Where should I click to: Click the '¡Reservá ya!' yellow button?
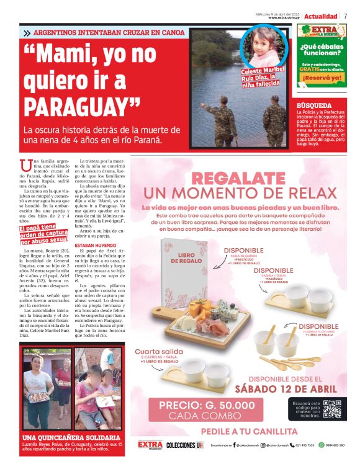click(x=320, y=78)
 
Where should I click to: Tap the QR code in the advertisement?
click(x=333, y=409)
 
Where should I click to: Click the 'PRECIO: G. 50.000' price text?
click(x=207, y=405)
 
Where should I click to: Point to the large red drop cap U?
click(x=25, y=166)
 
